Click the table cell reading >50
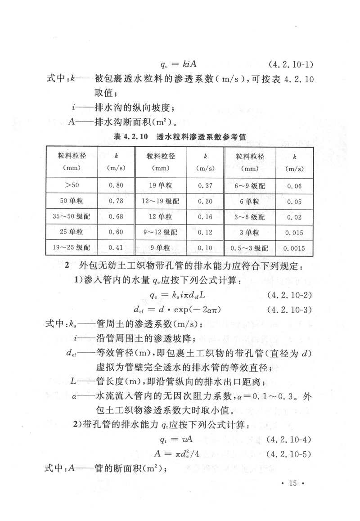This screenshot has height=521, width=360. (72, 185)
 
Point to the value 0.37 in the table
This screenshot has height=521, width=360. (205, 185)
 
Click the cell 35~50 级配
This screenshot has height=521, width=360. (72, 216)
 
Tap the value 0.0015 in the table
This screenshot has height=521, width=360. (294, 248)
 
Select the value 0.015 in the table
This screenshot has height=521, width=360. (294, 232)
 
